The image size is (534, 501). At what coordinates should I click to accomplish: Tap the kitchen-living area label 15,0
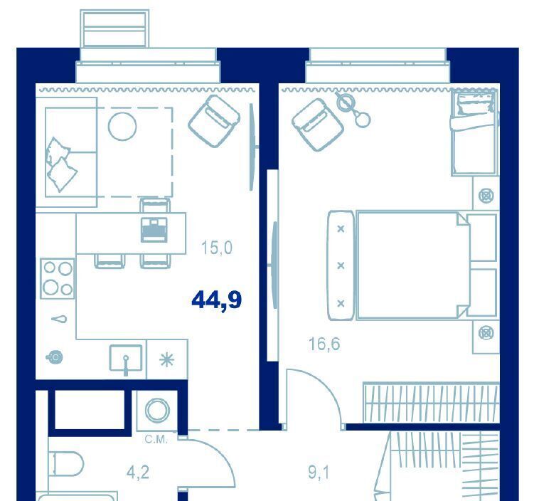[x=217, y=248]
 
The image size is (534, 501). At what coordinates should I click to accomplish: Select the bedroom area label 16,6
[x=324, y=344]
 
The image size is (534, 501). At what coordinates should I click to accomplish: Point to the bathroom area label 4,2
[x=138, y=473]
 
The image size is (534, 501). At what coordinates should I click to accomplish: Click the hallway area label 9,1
[x=319, y=473]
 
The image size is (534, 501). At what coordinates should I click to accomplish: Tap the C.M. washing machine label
[x=156, y=440]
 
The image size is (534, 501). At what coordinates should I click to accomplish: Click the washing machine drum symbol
[x=157, y=410]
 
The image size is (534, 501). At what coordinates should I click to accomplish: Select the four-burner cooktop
[x=57, y=279]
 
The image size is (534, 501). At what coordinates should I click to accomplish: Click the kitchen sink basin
[x=126, y=358]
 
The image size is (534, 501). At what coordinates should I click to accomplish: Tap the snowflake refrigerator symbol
[x=167, y=360]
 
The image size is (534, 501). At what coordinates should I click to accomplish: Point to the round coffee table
[x=122, y=127]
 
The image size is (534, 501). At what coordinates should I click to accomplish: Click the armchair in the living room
[x=214, y=121]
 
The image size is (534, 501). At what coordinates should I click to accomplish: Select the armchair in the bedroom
[x=318, y=125]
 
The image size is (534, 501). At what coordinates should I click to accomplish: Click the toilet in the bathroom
[x=66, y=464]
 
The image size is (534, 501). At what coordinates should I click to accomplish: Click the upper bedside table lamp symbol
[x=486, y=196]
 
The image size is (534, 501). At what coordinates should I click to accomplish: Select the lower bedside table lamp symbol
[x=486, y=333]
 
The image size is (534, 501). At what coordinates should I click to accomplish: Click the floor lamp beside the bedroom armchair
[x=353, y=109]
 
